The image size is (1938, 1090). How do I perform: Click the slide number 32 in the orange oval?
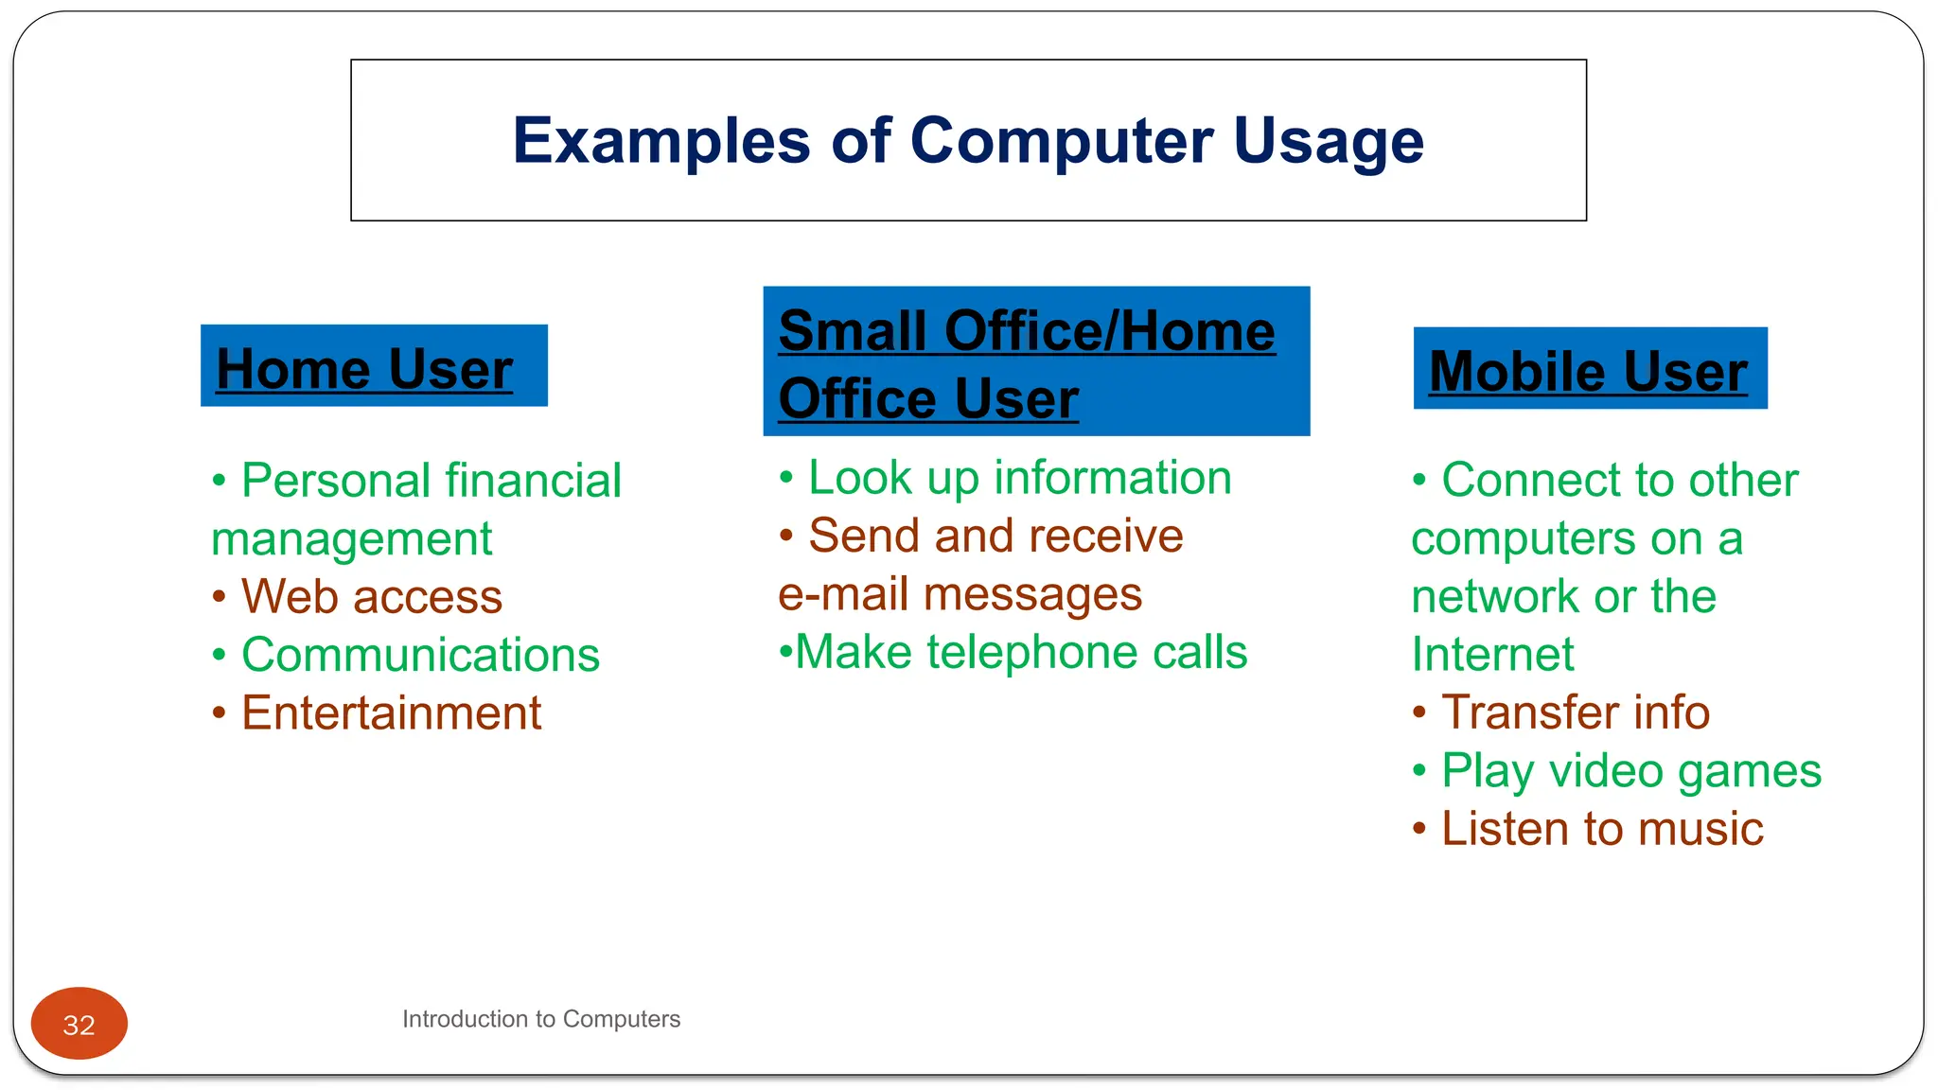pyautogui.click(x=79, y=1025)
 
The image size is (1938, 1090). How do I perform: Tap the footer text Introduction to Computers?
pyautogui.click(x=540, y=1019)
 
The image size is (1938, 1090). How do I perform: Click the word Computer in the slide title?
pyautogui.click(x=1061, y=141)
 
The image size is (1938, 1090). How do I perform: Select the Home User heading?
pyautogui.click(x=364, y=368)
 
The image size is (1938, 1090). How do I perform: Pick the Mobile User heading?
pyautogui.click(x=1588, y=370)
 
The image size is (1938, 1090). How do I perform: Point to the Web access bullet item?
pyautogui.click(x=371, y=597)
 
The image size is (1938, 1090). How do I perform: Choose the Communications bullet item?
pyautogui.click(x=420, y=655)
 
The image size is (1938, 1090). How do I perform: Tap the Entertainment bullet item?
pyautogui.click(x=391, y=712)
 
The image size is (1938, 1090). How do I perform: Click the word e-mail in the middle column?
pyautogui.click(x=843, y=595)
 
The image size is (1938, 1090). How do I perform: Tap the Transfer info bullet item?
pyautogui.click(x=1575, y=712)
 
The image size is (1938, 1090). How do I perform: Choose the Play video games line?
pyautogui.click(x=1630, y=771)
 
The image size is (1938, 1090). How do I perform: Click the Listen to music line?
pyautogui.click(x=1601, y=829)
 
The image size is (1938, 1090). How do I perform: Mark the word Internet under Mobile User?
pyautogui.click(x=1492, y=655)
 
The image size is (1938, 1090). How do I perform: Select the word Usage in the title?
pyautogui.click(x=1329, y=141)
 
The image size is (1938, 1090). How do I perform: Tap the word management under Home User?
pyautogui.click(x=351, y=539)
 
